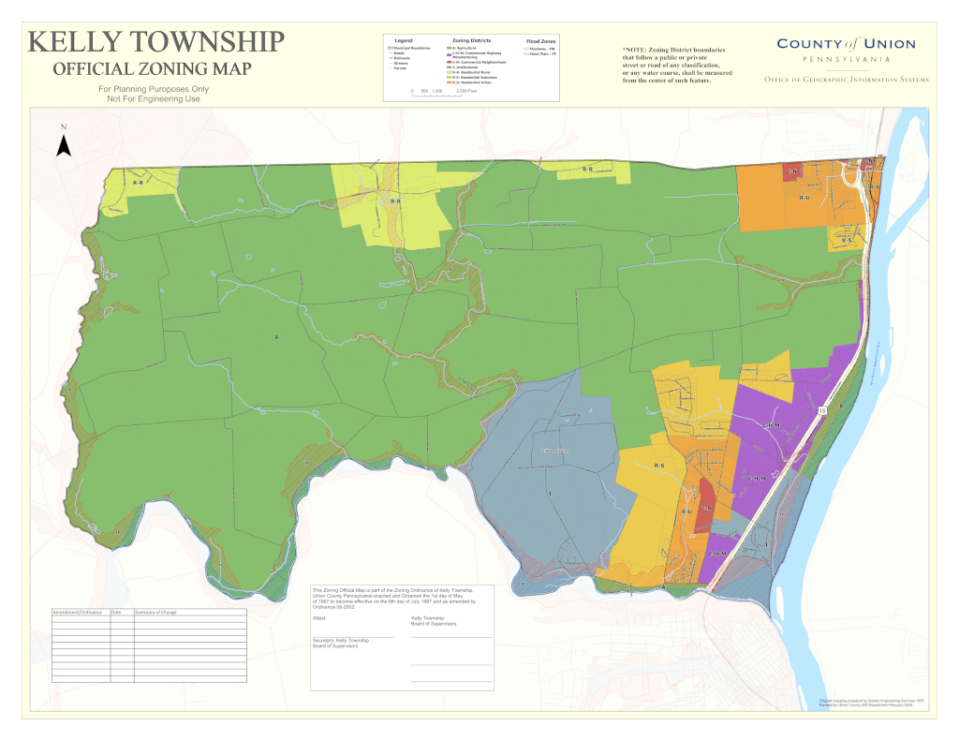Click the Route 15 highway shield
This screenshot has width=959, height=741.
(x=822, y=410)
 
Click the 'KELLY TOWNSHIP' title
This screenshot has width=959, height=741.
(x=155, y=43)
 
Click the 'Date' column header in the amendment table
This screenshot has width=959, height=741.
(x=117, y=612)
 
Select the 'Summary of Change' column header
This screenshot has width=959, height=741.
(x=156, y=612)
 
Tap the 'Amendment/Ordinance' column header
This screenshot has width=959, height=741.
(x=76, y=612)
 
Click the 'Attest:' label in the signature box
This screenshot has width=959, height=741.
(x=319, y=619)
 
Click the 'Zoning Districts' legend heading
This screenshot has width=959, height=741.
(x=471, y=41)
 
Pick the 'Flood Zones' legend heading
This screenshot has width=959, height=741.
(x=540, y=42)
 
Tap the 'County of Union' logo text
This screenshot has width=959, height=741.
(x=846, y=44)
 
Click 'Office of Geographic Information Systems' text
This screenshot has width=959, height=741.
(x=846, y=80)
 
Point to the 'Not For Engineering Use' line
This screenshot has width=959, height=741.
(x=154, y=98)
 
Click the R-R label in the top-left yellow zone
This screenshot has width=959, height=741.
(x=138, y=183)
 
